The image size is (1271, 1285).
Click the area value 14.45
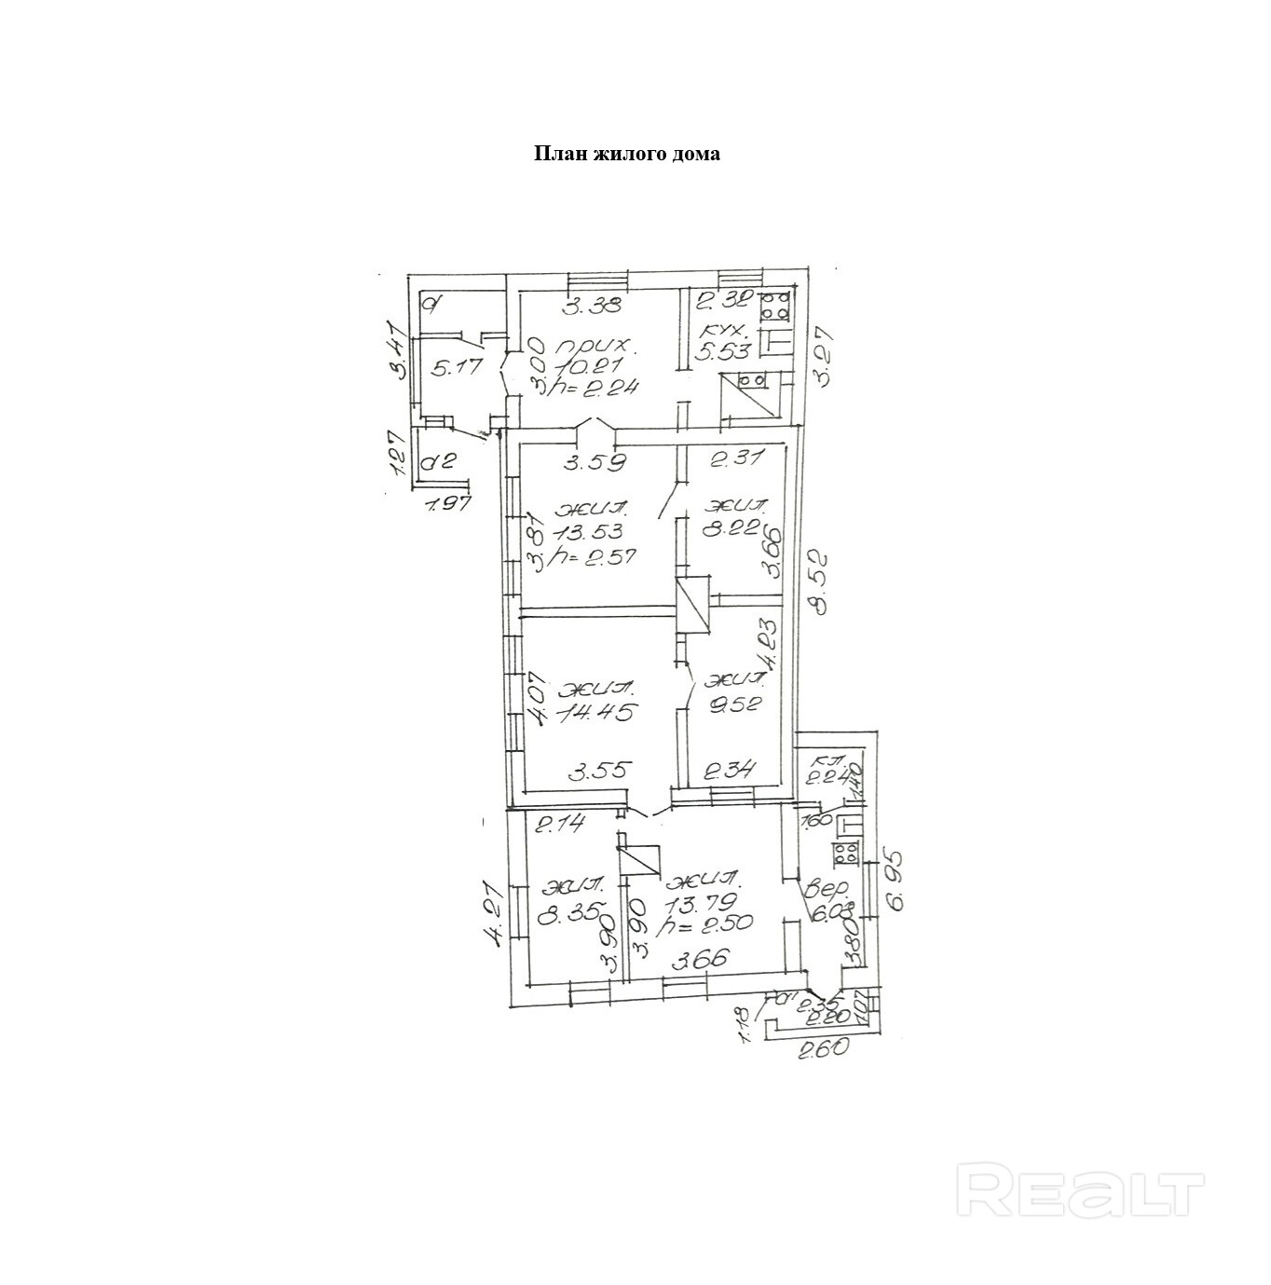[597, 713]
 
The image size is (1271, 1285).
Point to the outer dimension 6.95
[896, 886]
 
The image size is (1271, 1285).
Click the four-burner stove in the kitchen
[775, 306]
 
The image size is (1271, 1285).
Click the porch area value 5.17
[457, 367]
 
